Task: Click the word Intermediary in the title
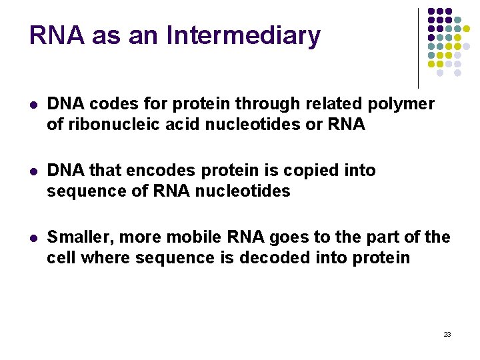click(243, 36)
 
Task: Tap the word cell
click(61, 258)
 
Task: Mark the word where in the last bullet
click(106, 258)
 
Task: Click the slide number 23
click(447, 334)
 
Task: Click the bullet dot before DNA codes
click(33, 105)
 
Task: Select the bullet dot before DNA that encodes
click(33, 171)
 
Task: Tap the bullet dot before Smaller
click(33, 238)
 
